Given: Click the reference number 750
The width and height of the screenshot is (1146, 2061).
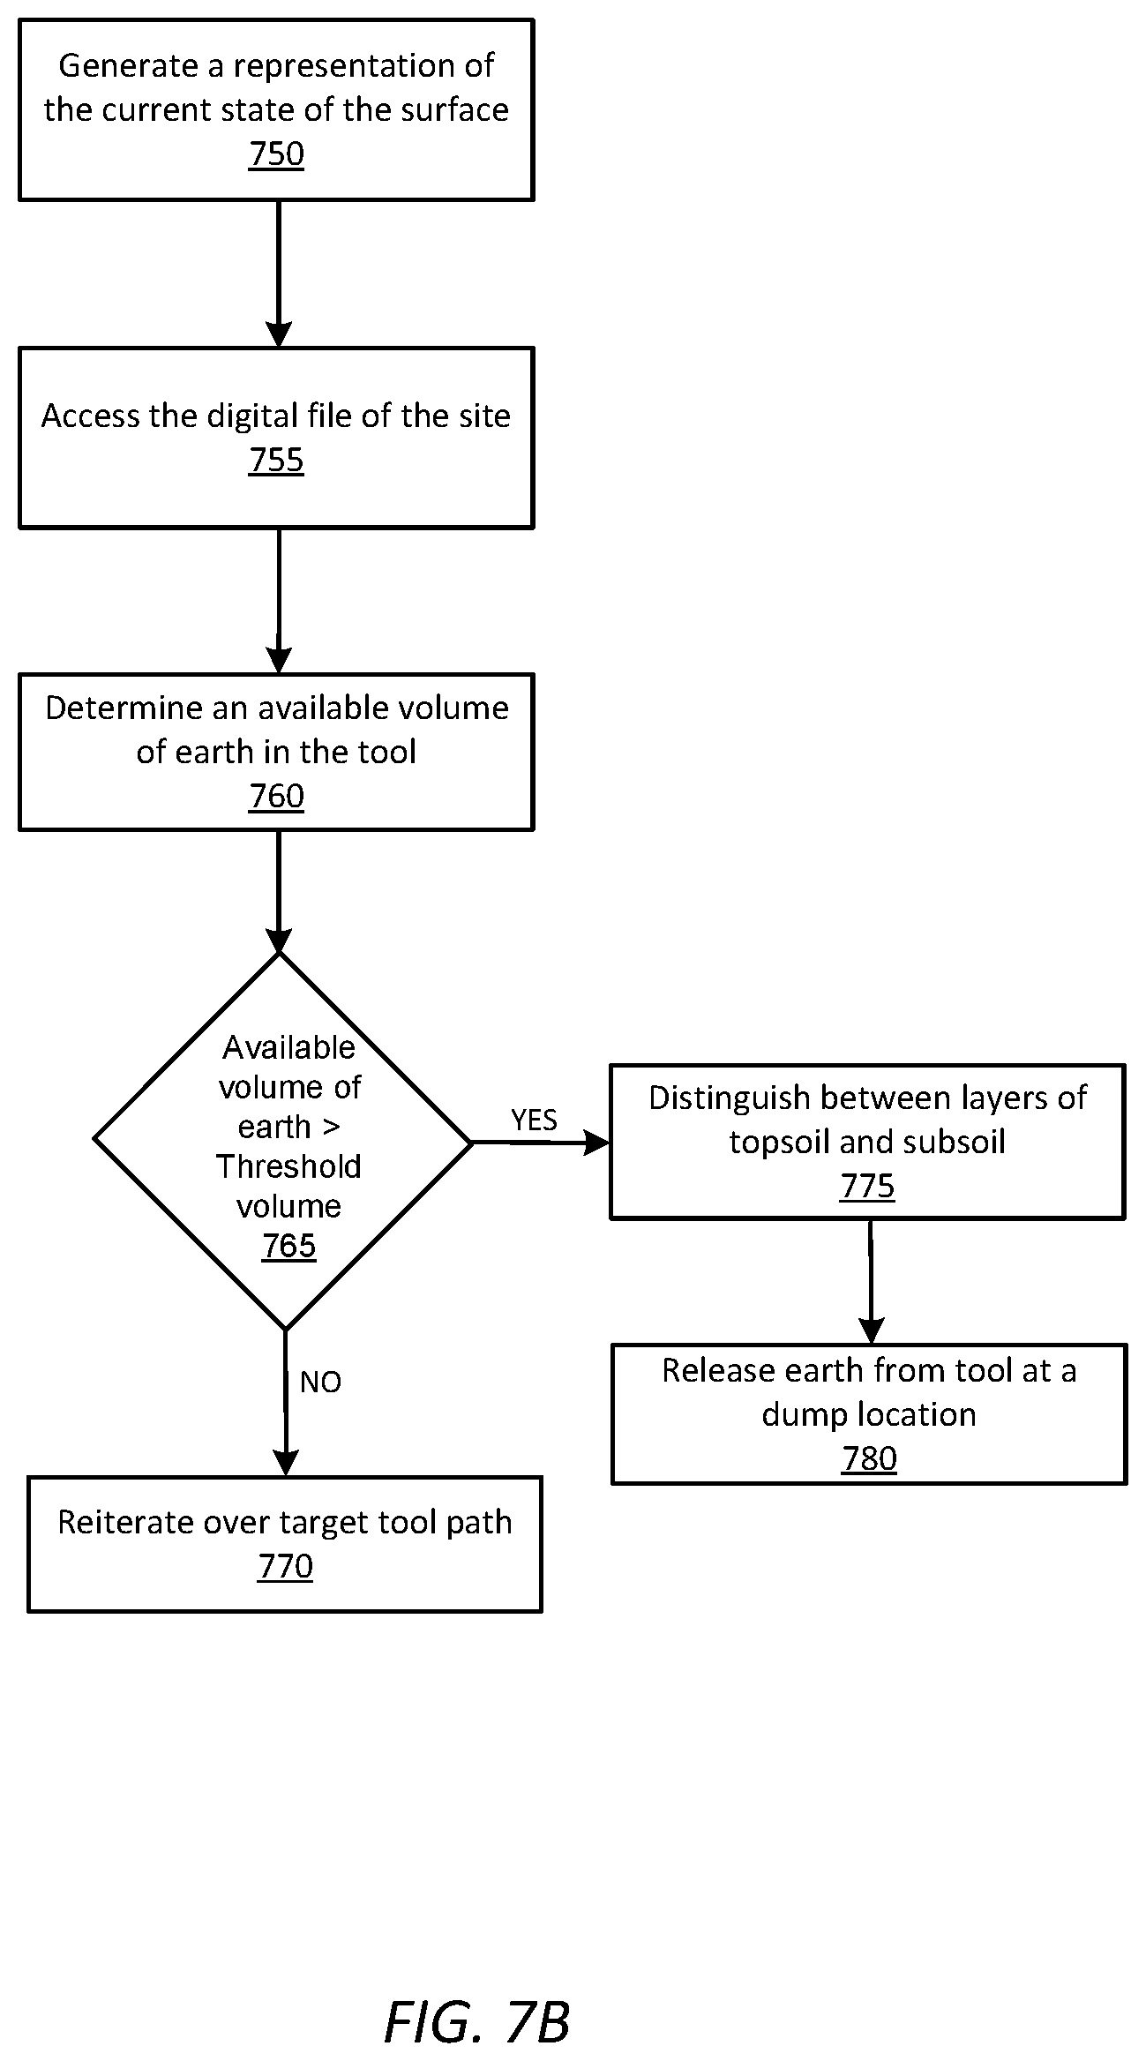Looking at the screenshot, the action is (x=276, y=154).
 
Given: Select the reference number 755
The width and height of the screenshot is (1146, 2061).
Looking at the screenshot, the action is (x=276, y=461).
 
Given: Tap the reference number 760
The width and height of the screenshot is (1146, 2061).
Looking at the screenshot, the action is (x=276, y=797).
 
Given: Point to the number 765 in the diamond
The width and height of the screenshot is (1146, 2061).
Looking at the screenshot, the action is (x=288, y=1246).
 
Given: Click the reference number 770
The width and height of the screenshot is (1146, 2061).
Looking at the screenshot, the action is (x=285, y=1567).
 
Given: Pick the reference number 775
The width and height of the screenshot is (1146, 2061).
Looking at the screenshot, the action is (x=867, y=1187).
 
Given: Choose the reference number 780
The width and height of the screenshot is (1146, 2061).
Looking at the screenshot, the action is (x=869, y=1459).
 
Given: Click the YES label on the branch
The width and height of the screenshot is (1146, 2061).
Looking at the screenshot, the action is (x=535, y=1120).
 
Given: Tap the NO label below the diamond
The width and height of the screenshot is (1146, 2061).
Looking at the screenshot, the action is (x=320, y=1383).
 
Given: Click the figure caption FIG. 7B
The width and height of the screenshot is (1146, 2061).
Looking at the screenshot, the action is (x=477, y=1998).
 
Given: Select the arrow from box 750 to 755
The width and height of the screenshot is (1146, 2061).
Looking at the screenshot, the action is (x=278, y=274).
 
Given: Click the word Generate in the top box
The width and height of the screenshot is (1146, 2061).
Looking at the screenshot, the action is (x=129, y=66).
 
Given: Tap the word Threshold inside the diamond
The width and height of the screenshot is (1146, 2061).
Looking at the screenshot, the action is (x=288, y=1167).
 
